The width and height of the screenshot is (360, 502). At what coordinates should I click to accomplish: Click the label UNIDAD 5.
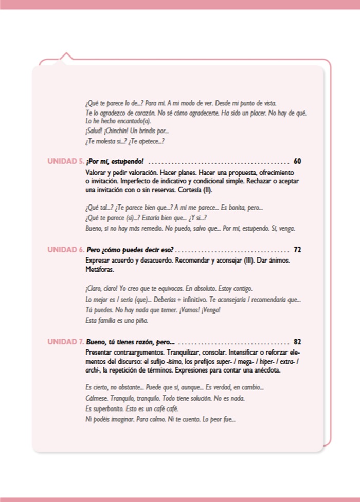66,161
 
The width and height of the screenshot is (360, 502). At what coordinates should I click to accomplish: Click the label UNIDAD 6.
66,250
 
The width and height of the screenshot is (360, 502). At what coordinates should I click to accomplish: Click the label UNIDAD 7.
66,342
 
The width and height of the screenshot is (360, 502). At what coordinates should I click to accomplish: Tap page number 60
297,161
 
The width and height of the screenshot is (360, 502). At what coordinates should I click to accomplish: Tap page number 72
297,250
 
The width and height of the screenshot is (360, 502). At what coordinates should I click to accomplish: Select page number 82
297,342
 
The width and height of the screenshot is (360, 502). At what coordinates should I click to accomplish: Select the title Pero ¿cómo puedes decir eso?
130,250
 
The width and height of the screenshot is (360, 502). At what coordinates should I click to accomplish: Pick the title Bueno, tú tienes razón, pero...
131,342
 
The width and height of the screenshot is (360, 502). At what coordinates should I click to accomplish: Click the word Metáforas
100,269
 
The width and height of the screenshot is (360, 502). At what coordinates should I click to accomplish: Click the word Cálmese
96,399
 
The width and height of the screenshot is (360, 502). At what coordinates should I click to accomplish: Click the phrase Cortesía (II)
193,190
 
